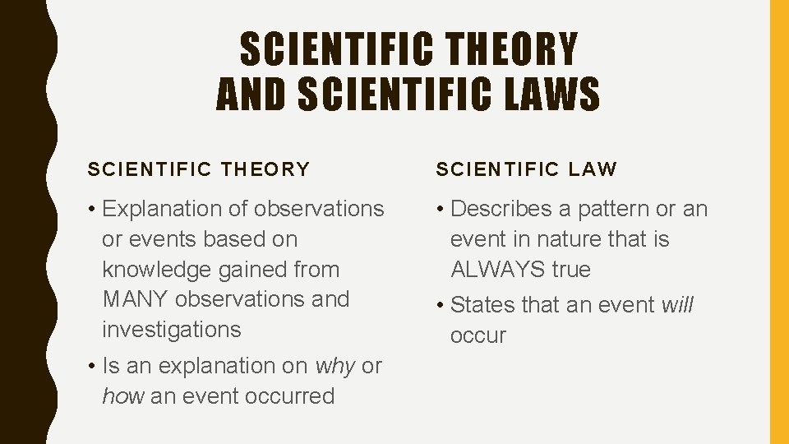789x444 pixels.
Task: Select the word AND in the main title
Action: click(x=251, y=94)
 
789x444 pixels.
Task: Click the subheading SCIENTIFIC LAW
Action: click(x=526, y=169)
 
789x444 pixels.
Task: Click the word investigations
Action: click(x=172, y=330)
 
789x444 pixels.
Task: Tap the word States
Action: click(x=482, y=305)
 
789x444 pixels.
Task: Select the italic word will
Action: click(x=677, y=305)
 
